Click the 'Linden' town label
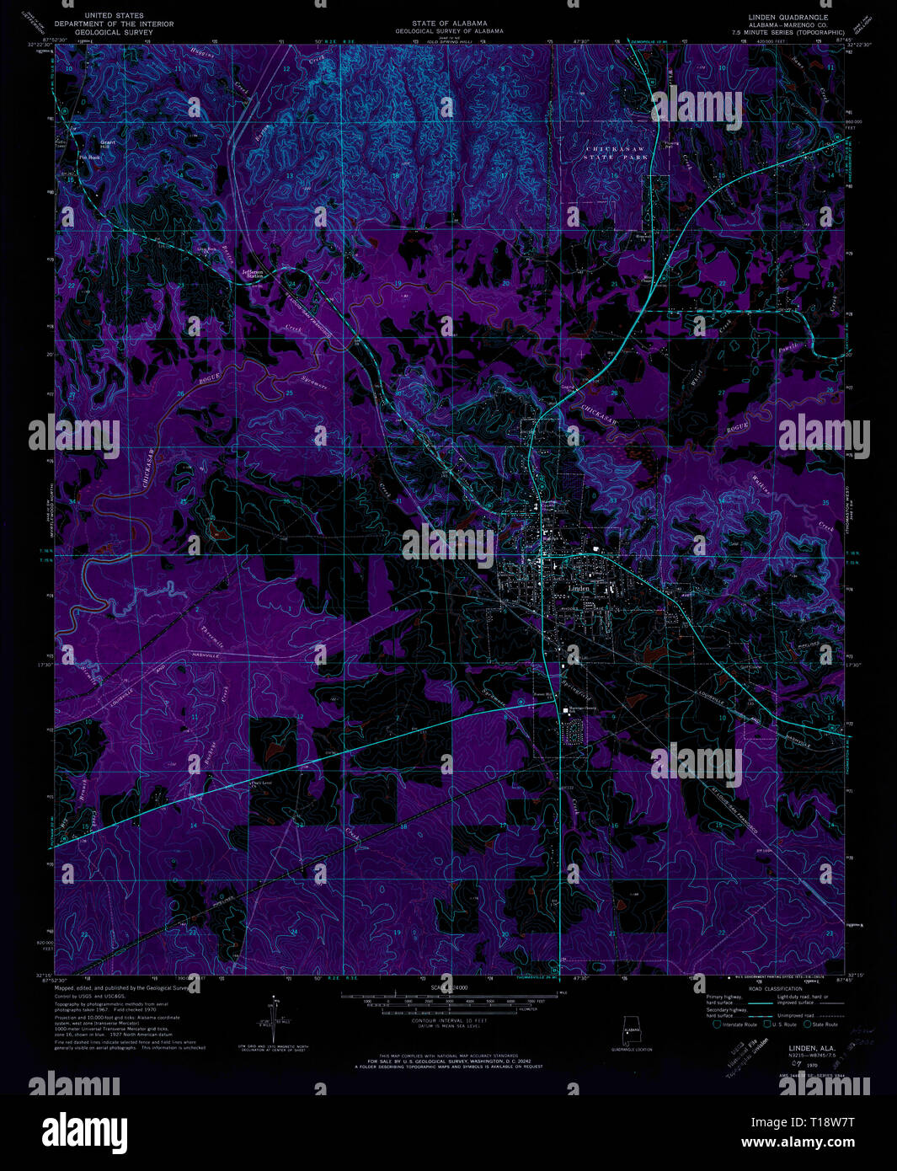(579, 588)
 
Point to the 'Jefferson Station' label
(253, 274)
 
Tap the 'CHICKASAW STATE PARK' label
(617, 152)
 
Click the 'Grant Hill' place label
(108, 144)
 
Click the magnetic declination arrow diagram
(273, 1016)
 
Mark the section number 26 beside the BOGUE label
(180, 393)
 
